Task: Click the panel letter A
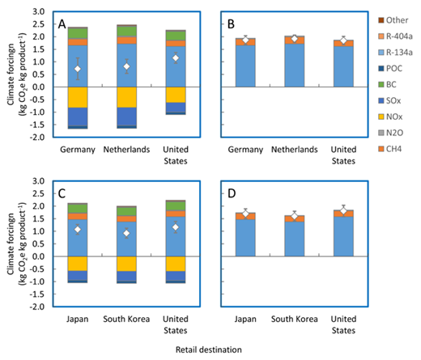point(62,24)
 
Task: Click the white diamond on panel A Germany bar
point(78,69)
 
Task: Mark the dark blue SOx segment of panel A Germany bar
point(78,116)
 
